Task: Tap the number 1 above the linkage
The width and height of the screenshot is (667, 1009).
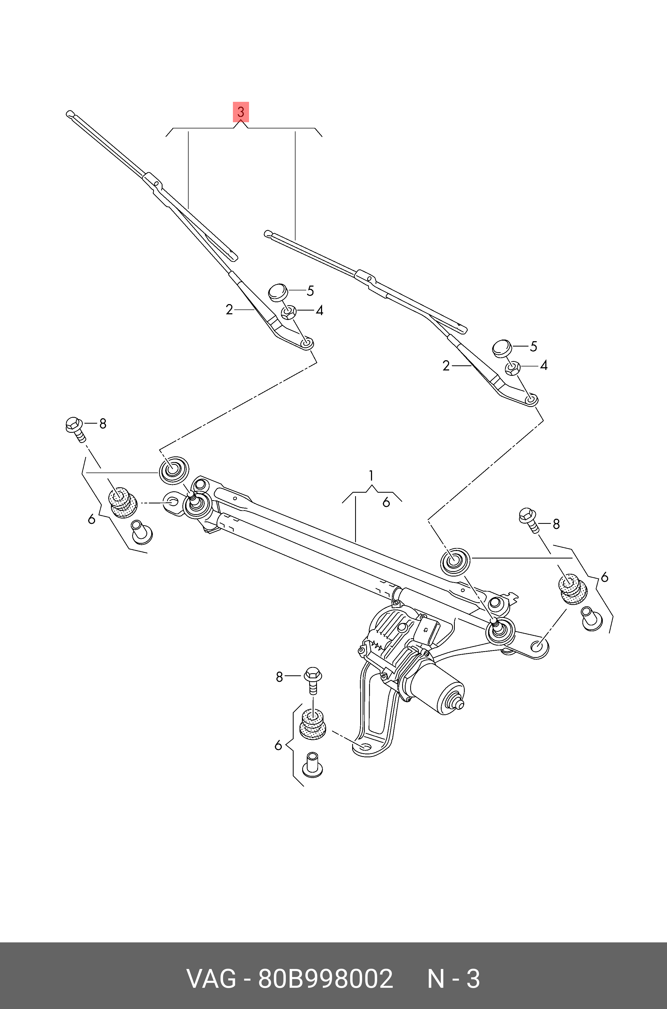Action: click(371, 475)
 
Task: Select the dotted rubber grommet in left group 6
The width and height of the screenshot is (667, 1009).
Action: click(123, 504)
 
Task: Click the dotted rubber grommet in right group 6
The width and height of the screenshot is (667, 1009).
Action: click(572, 589)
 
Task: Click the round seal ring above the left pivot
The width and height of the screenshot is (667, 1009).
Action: click(174, 470)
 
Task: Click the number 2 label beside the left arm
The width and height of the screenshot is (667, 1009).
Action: click(229, 310)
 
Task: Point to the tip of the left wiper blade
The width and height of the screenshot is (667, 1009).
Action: click(70, 114)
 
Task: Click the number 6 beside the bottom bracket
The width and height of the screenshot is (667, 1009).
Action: click(278, 745)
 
